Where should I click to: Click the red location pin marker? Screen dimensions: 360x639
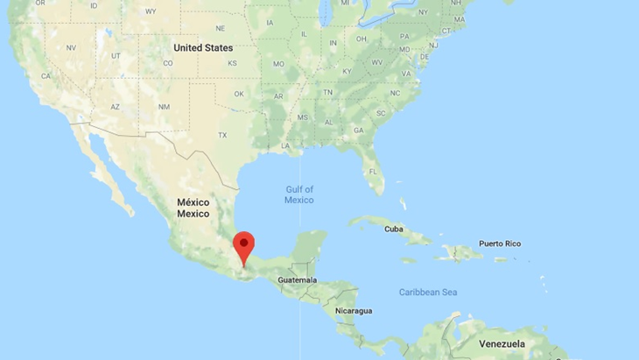[x=243, y=244]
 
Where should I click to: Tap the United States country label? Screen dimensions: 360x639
[x=203, y=47]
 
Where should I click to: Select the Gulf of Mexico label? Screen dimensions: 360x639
[x=298, y=194]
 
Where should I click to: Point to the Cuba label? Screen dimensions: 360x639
[x=396, y=229]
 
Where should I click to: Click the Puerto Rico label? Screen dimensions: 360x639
[x=500, y=244]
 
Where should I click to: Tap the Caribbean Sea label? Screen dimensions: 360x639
[x=428, y=292]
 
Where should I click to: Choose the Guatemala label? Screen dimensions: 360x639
[x=298, y=279]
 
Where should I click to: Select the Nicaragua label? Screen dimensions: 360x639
[x=354, y=311]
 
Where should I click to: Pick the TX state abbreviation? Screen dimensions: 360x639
[x=222, y=135]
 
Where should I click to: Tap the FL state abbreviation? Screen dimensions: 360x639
[x=372, y=170]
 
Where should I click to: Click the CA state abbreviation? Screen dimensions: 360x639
[x=46, y=76]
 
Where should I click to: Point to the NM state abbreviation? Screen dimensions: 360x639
[x=164, y=107]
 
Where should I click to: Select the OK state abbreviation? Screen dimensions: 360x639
[x=238, y=94]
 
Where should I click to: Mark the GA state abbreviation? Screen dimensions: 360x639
[x=358, y=130]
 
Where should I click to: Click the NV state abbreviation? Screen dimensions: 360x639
[x=71, y=47]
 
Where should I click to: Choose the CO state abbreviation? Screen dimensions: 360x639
[x=168, y=63]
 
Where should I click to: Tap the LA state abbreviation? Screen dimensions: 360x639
[x=285, y=145]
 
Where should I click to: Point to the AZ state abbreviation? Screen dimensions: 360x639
[x=115, y=107]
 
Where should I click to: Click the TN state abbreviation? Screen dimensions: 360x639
[x=327, y=92]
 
